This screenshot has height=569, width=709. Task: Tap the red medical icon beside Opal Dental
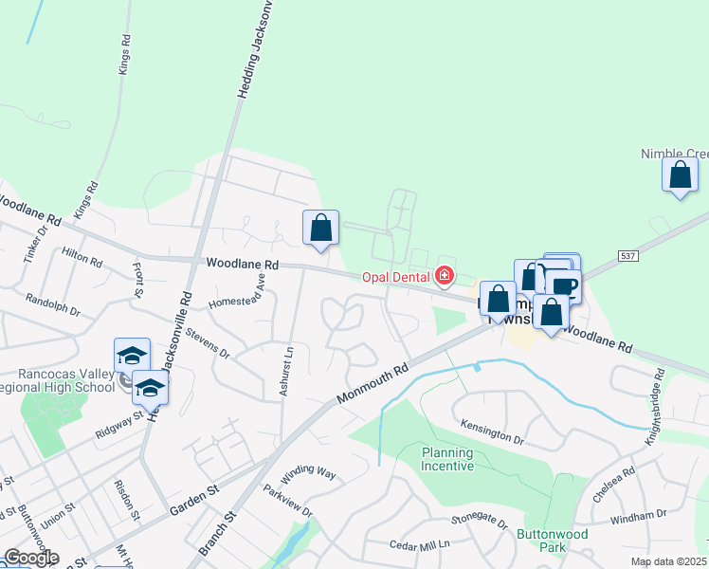point(443,277)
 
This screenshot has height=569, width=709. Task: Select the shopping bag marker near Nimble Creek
point(680,175)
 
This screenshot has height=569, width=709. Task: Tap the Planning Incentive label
point(447,459)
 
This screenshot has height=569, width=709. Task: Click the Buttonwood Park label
point(553,541)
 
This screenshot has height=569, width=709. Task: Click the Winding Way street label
point(308,471)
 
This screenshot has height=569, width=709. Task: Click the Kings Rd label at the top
point(124,56)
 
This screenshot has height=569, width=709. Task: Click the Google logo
point(30,558)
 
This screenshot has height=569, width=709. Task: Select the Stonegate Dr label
point(480,522)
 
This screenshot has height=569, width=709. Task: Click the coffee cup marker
point(566,286)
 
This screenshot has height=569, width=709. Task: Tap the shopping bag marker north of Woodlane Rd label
point(321,228)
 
